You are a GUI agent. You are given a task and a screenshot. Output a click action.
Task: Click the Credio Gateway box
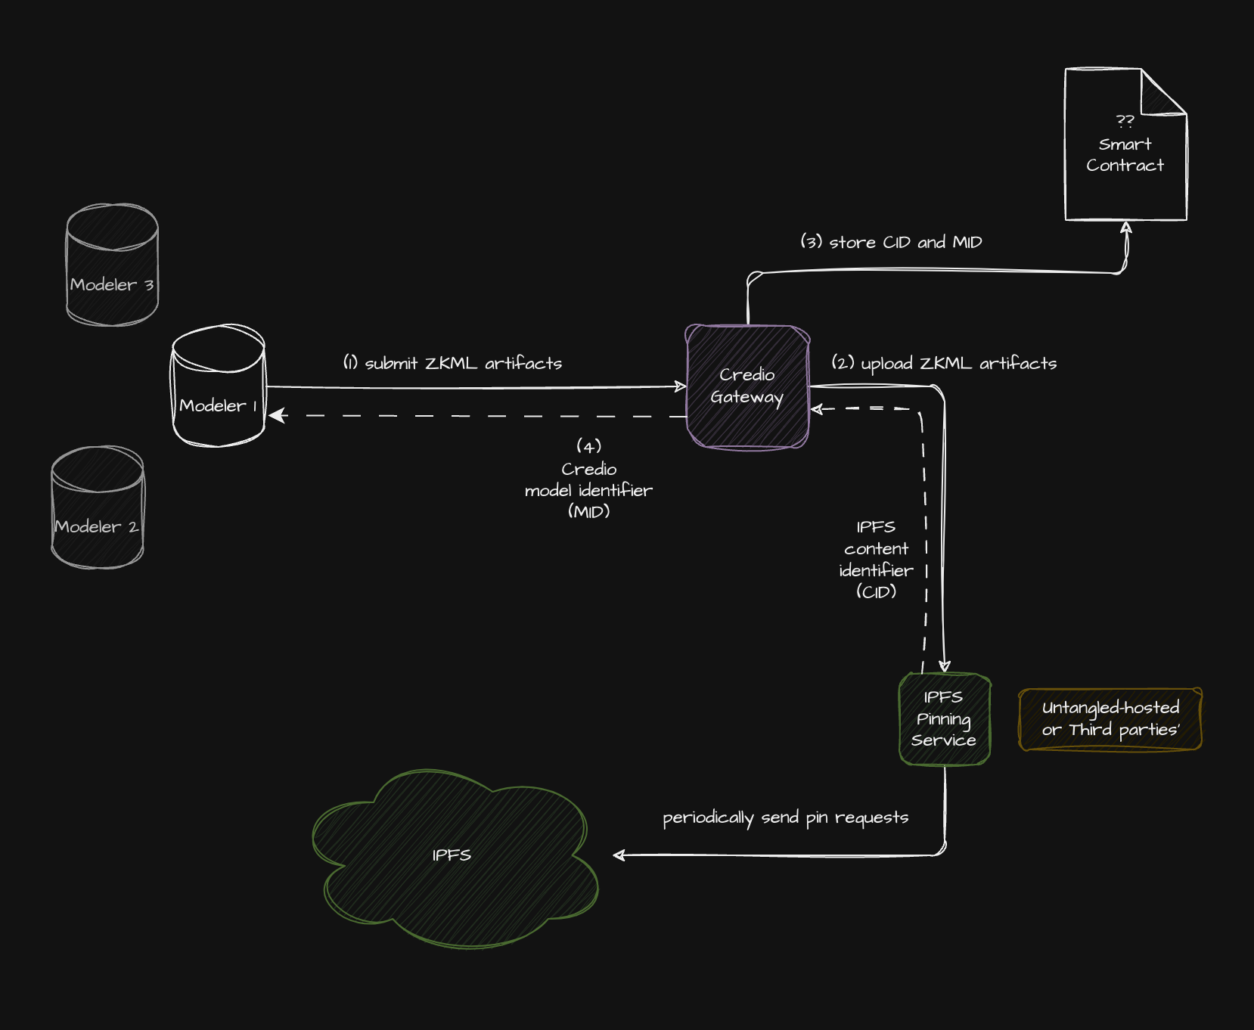(747, 386)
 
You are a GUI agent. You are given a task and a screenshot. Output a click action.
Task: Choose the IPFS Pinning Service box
(944, 719)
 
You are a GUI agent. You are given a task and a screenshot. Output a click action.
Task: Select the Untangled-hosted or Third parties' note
(1110, 719)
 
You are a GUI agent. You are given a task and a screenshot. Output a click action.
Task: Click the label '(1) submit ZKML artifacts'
(452, 364)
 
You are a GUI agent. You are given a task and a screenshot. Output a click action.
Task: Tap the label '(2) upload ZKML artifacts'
(944, 364)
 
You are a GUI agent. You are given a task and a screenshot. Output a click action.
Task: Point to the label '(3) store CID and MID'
(891, 243)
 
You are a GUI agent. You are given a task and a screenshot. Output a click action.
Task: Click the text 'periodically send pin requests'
(785, 817)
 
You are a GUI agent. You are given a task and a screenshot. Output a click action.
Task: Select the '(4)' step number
(588, 446)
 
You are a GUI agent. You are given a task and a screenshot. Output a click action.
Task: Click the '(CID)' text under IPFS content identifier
(876, 591)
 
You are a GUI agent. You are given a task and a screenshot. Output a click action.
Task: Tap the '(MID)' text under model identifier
(588, 512)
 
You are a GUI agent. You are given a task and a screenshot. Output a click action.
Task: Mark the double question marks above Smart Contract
(1125, 121)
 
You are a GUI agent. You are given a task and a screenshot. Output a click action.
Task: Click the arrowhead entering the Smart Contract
(1126, 227)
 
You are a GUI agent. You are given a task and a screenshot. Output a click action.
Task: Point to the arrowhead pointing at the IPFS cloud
(619, 855)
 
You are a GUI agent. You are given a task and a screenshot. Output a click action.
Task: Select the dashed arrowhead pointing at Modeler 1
(277, 415)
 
